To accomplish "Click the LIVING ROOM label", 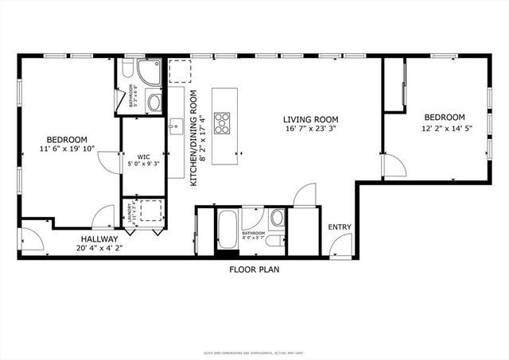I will click(311, 120).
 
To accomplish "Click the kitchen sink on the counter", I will click(175, 125).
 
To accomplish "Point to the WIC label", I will click(143, 156).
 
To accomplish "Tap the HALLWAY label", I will click(99, 238).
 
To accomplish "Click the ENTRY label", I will click(340, 227).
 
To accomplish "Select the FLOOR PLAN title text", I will click(254, 269).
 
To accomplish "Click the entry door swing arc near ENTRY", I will click(304, 195).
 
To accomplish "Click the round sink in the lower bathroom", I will click(277, 218).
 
